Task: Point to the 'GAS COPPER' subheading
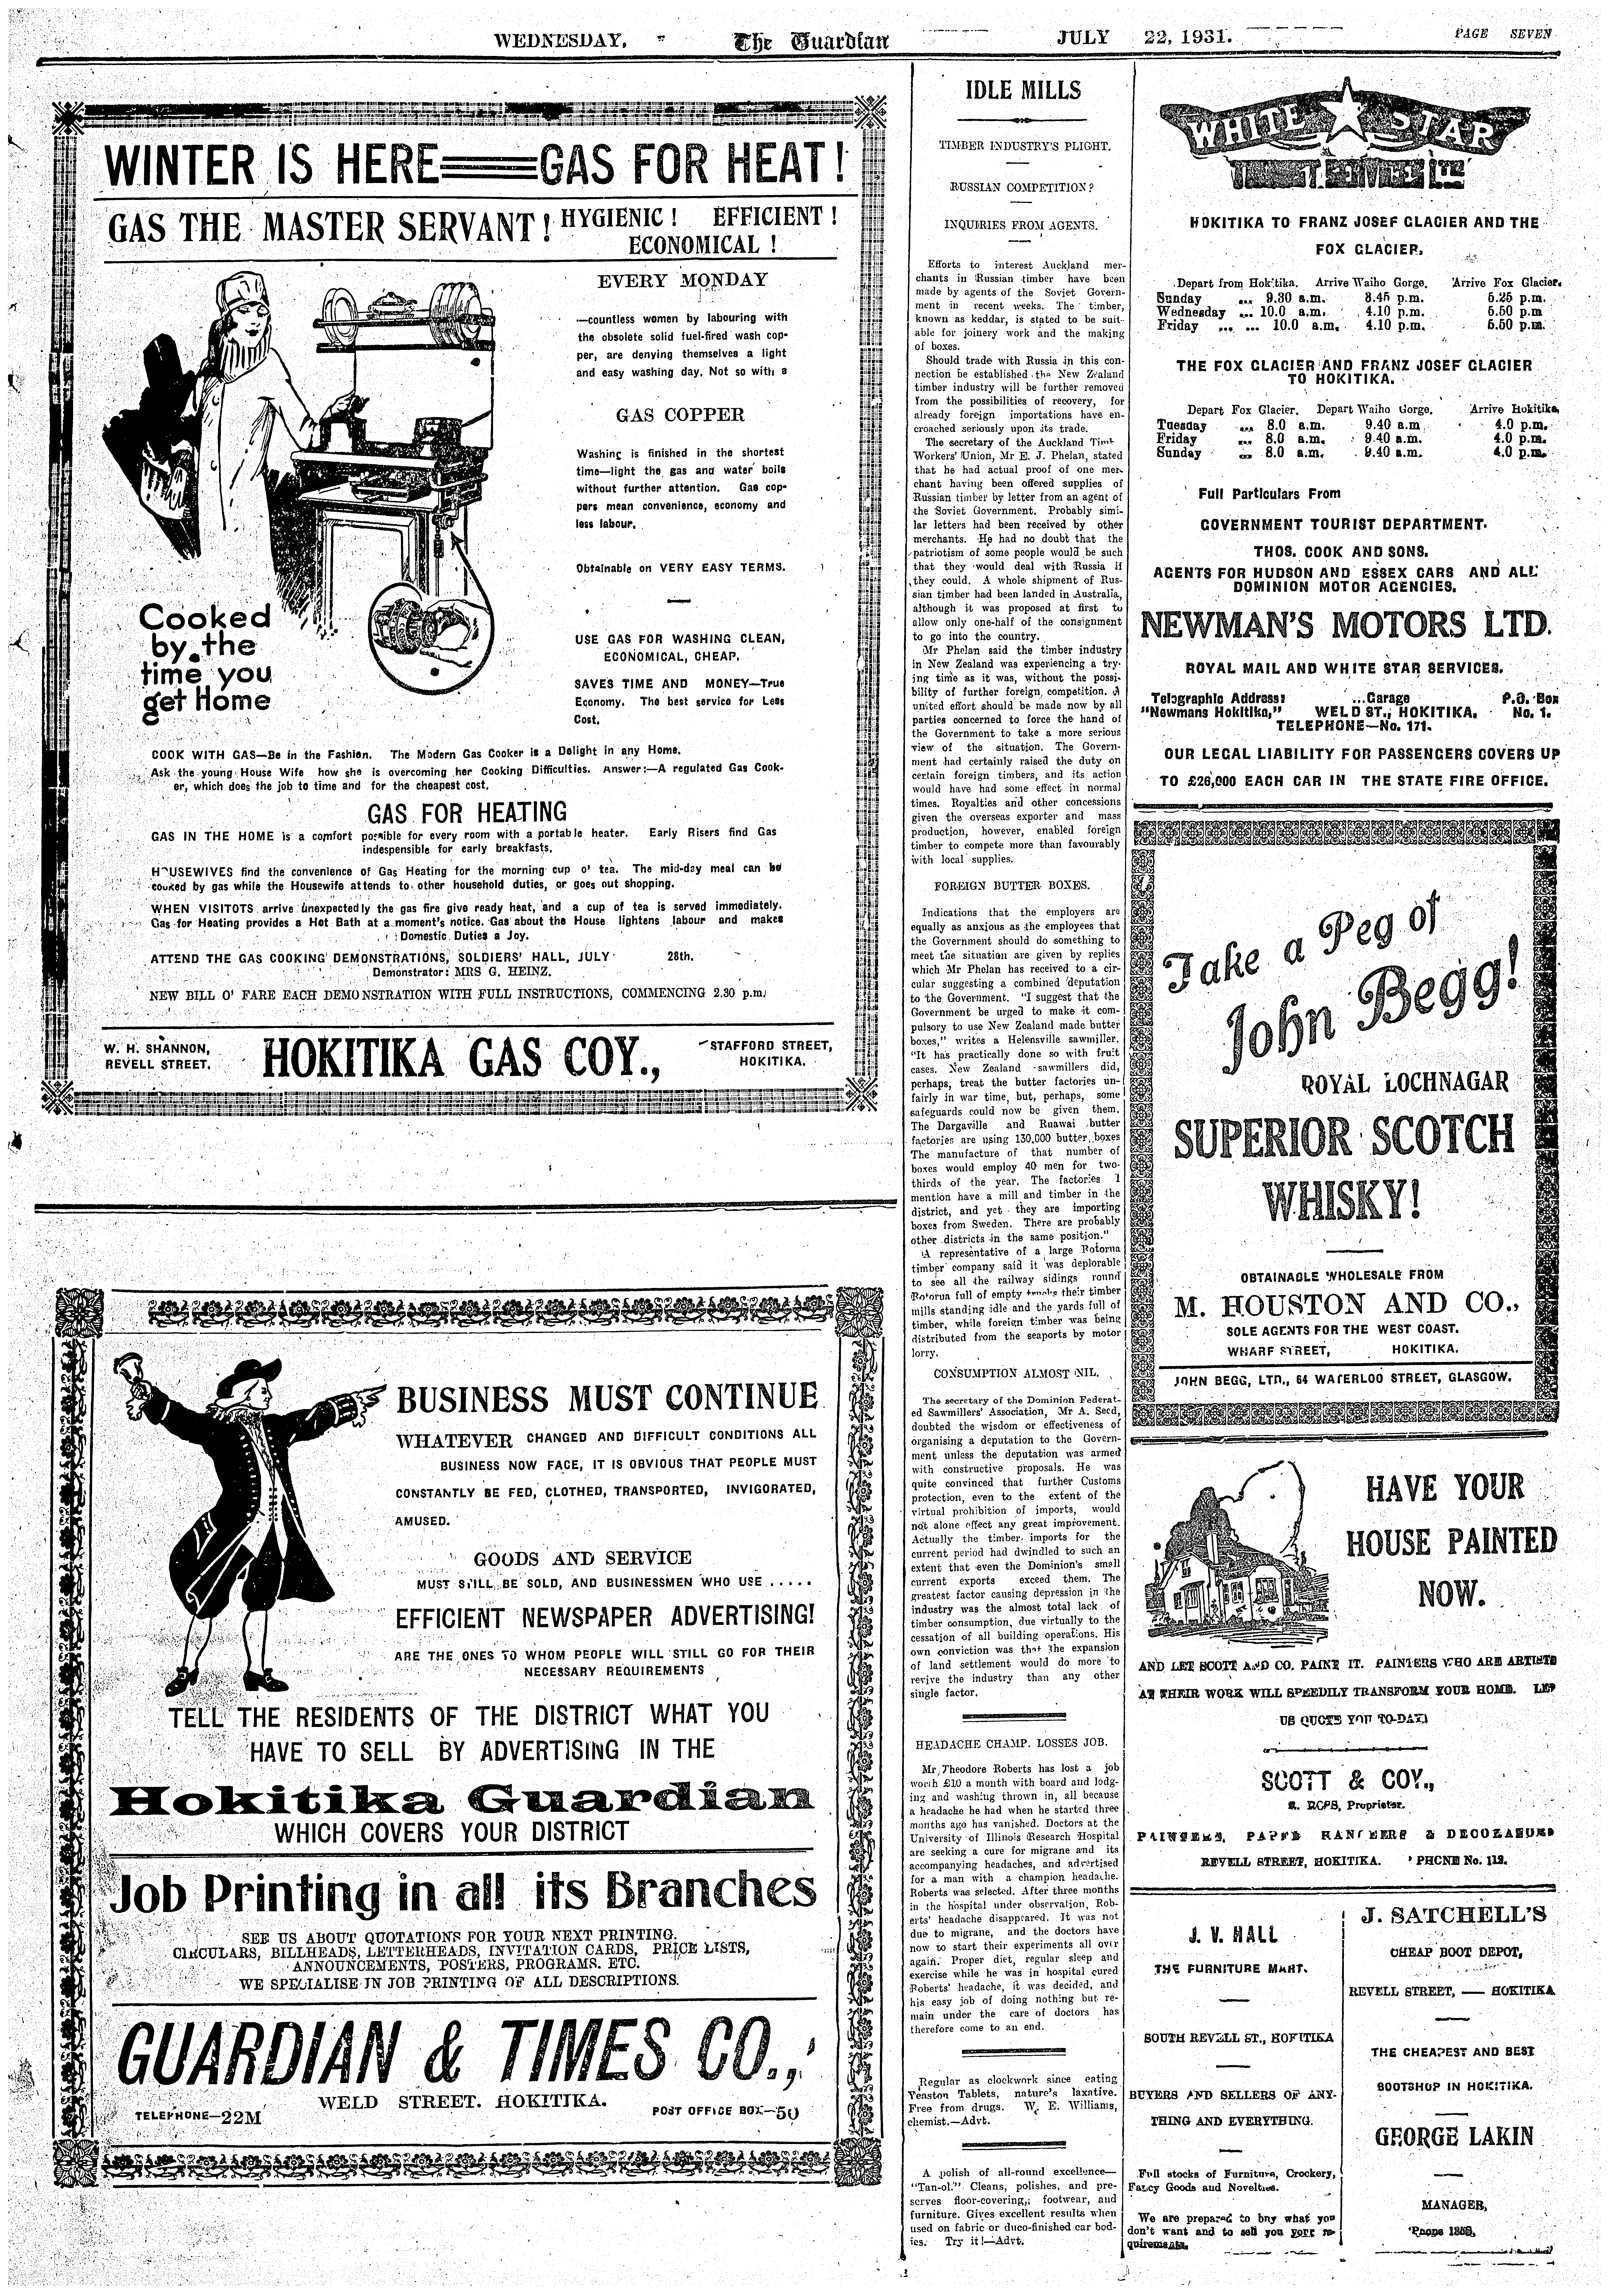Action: pos(680,415)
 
